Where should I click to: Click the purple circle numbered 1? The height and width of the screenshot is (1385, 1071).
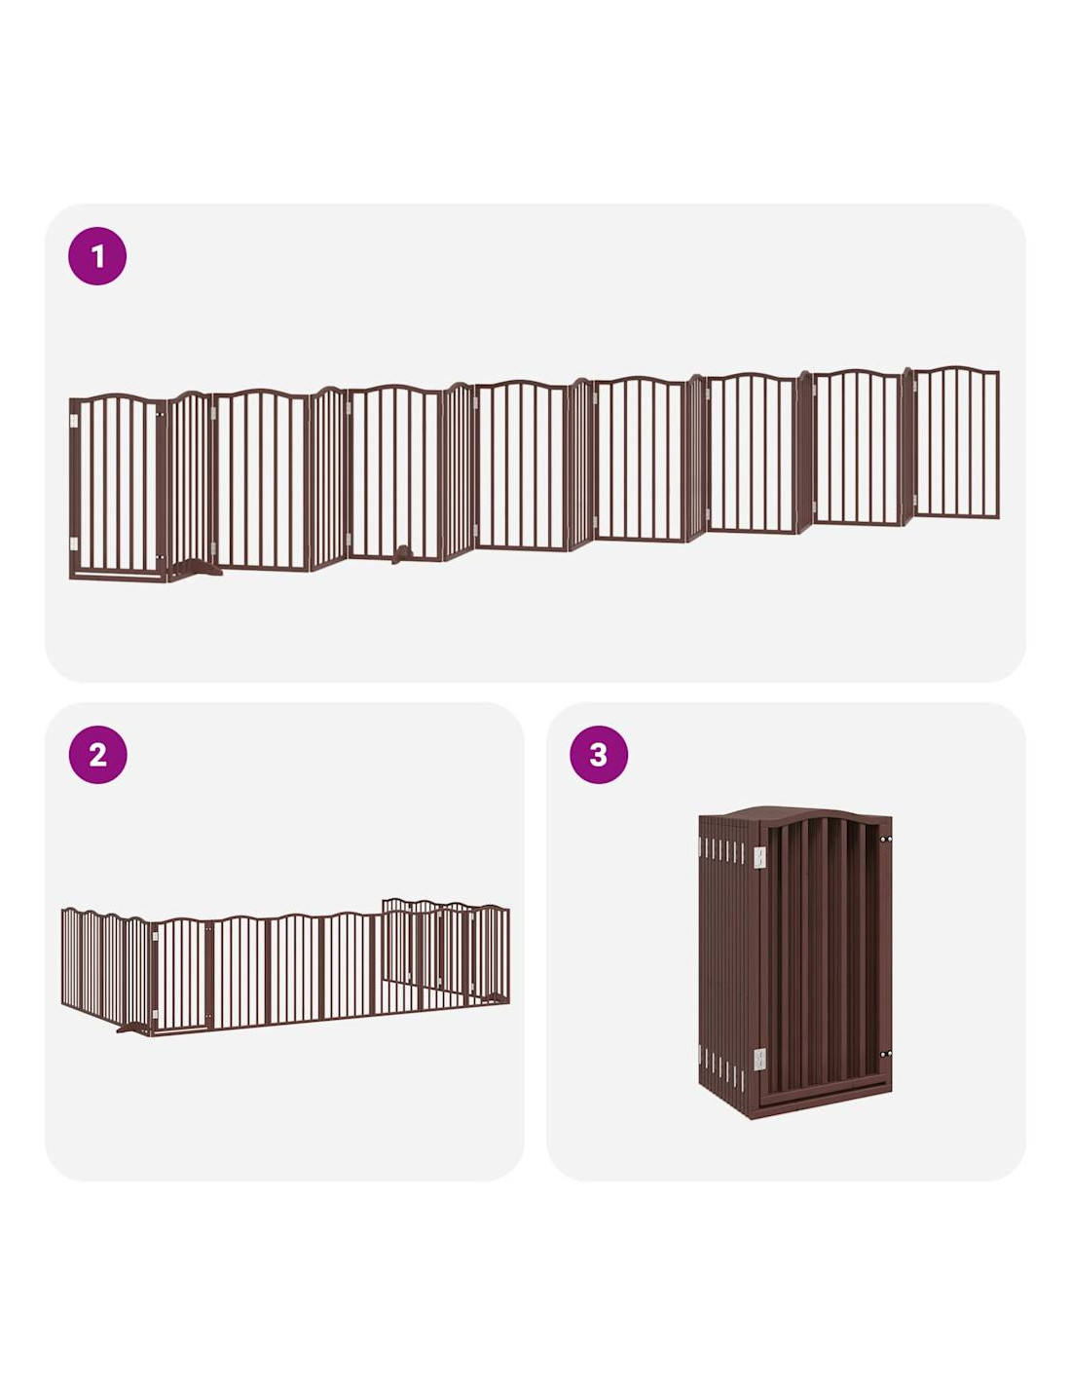click(x=96, y=256)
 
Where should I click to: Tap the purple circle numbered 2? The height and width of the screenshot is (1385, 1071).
click(x=97, y=755)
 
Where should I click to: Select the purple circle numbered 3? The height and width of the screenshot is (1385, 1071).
click(x=598, y=755)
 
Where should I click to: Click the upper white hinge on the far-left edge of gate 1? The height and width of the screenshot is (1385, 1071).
click(x=74, y=422)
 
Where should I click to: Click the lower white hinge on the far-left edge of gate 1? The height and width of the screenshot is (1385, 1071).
click(x=74, y=543)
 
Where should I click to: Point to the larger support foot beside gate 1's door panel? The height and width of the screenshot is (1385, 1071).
click(x=195, y=567)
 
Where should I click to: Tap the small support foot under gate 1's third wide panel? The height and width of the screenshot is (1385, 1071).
click(x=403, y=553)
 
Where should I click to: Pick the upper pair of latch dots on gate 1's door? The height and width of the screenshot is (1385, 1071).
click(x=159, y=414)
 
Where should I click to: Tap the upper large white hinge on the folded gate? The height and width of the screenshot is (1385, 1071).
click(x=759, y=857)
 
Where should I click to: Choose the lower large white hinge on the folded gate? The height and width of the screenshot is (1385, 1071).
click(x=759, y=1059)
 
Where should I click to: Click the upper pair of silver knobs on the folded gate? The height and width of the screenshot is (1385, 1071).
click(x=885, y=839)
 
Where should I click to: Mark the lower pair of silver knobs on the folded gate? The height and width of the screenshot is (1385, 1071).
click(x=885, y=1054)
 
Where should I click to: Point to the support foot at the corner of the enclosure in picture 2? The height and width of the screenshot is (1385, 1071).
click(x=133, y=1026)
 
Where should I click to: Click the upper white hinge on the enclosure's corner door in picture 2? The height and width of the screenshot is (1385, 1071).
click(x=155, y=935)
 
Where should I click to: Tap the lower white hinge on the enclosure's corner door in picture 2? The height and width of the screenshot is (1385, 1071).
click(x=155, y=1013)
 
